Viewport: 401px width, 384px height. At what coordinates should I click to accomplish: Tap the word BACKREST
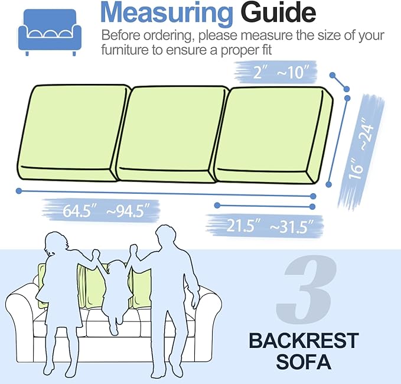[303, 341]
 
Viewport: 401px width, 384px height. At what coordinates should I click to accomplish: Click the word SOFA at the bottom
[303, 362]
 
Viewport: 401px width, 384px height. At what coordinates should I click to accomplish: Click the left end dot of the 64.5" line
[19, 191]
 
